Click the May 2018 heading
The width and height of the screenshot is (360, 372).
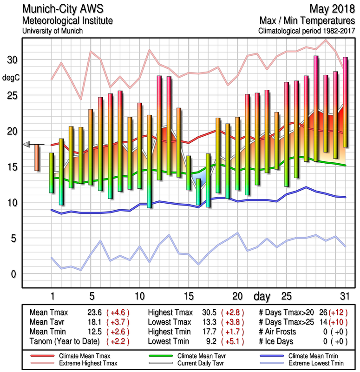tap(330, 9)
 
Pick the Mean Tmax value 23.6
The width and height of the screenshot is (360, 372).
tap(94, 313)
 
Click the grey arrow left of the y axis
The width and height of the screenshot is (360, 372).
tap(27, 144)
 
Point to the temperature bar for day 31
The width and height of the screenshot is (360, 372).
tap(345, 102)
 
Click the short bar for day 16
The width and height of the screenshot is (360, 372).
tap(198, 192)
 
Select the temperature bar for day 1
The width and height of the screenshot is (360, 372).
tap(52, 173)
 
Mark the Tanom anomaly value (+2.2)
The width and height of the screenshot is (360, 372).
tap(117, 342)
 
